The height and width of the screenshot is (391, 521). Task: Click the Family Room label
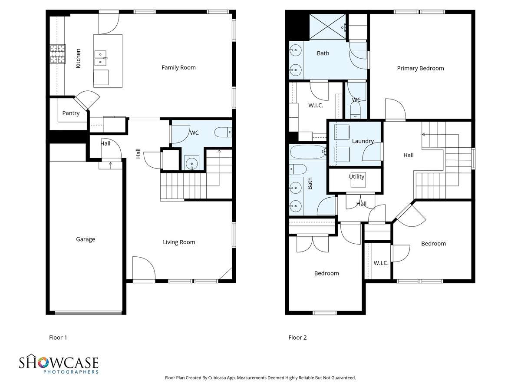[178, 68]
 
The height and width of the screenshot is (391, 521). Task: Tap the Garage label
[86, 239]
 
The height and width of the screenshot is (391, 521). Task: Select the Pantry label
[71, 113]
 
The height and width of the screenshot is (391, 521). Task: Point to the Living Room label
[179, 242]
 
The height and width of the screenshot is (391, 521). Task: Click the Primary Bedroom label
[420, 68]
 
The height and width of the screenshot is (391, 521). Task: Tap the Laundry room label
[363, 141]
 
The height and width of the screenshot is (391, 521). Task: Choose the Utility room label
[356, 177]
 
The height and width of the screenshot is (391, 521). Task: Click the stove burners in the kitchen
[58, 54]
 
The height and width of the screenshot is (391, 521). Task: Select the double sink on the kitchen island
[100, 58]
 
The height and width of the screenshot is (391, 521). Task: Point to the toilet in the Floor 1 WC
[223, 132]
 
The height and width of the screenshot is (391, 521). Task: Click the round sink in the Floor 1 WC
[192, 163]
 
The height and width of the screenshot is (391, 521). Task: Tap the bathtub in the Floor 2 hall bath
[308, 152]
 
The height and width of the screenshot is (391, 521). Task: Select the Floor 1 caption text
[58, 338]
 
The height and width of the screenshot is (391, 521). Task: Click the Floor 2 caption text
[297, 338]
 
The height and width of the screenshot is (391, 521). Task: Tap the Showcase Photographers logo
[59, 365]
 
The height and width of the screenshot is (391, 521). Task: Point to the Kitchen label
[78, 59]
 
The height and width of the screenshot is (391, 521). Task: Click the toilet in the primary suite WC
[355, 110]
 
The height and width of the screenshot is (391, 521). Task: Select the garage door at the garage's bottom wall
[88, 313]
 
